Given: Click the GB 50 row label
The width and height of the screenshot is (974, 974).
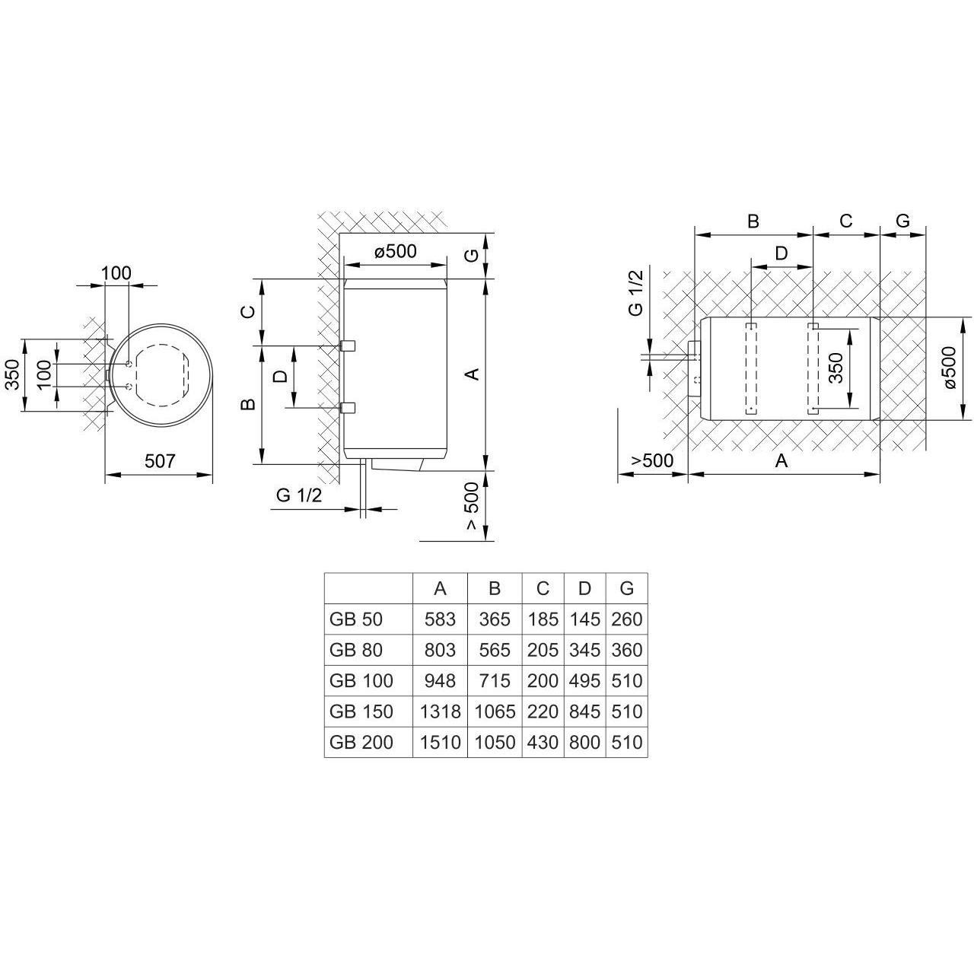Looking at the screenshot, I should [x=356, y=619].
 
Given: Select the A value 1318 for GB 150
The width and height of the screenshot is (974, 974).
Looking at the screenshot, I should [x=440, y=711].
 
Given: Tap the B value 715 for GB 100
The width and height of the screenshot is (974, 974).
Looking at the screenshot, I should [x=495, y=681].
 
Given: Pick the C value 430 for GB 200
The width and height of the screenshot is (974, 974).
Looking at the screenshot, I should [x=543, y=742].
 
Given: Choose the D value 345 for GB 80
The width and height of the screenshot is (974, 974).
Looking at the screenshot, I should [x=584, y=650].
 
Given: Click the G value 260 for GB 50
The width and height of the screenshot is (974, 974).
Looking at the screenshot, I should [x=626, y=619].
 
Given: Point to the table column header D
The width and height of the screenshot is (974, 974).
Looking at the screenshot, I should [x=584, y=588].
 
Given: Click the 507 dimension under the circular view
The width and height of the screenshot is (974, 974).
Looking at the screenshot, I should [x=161, y=460].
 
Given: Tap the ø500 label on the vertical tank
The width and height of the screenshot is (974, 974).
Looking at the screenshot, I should [x=396, y=251].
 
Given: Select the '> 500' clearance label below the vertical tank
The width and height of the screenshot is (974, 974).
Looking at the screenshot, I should [x=472, y=506].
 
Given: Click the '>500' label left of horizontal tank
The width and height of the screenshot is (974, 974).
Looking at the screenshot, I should [x=653, y=460].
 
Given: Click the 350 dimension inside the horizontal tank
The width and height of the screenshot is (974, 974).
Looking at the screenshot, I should [x=836, y=369].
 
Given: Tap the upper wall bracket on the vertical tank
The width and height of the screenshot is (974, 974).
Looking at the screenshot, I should [x=349, y=345].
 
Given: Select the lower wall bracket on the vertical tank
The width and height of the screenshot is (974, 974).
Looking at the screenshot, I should [x=349, y=408].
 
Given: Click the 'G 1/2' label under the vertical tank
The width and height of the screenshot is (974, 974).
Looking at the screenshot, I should [x=299, y=495].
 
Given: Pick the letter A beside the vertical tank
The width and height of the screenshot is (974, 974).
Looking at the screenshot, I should [x=472, y=374].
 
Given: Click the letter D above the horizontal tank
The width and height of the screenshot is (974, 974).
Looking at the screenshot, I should [x=781, y=253].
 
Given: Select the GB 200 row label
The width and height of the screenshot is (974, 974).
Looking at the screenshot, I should [x=361, y=742].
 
